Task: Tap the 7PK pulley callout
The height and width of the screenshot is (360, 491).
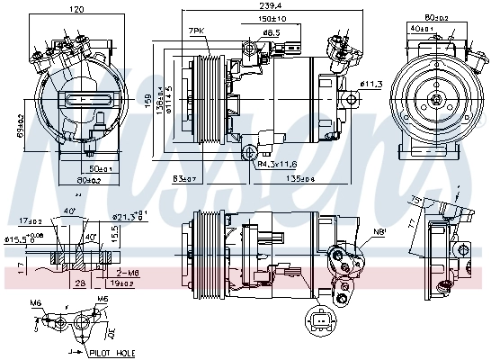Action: pos(196,31)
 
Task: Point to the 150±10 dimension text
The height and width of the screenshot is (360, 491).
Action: pos(272,18)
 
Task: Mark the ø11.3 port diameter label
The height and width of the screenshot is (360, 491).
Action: pos(371,85)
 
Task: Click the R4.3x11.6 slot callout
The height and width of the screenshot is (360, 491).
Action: pos(276,165)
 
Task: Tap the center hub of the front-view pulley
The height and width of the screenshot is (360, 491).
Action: pos(436,100)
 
